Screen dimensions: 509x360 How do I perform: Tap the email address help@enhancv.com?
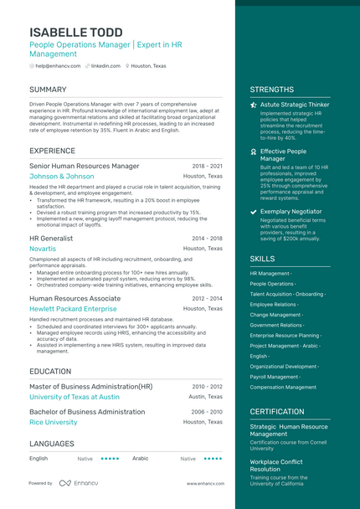click(x=58, y=65)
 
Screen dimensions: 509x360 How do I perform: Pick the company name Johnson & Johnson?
click(x=61, y=177)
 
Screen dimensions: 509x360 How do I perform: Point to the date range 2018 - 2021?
click(x=207, y=167)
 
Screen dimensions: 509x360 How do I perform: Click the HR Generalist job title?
click(x=51, y=239)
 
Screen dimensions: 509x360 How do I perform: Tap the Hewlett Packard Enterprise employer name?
click(x=73, y=309)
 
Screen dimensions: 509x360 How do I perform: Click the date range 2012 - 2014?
click(x=207, y=299)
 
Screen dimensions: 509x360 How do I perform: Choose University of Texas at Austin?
click(x=75, y=397)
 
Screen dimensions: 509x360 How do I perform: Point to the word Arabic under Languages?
click(x=140, y=459)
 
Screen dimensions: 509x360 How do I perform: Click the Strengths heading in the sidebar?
click(x=271, y=90)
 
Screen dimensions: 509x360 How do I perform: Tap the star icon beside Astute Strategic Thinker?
click(x=254, y=105)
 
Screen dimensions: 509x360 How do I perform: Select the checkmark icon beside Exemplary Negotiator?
click(x=254, y=212)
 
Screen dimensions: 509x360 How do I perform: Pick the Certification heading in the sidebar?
click(x=277, y=412)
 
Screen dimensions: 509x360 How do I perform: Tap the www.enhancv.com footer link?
click(x=203, y=484)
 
